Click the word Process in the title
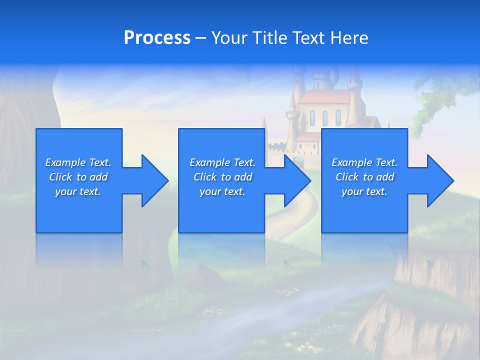[157, 37]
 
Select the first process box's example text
[78, 177]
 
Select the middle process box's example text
[222, 177]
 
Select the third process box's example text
[364, 177]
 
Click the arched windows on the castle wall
[324, 118]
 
